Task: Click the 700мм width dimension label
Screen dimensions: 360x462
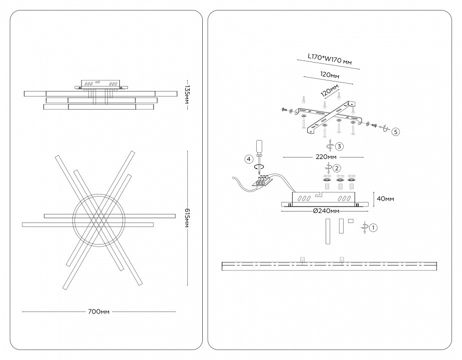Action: (98, 311)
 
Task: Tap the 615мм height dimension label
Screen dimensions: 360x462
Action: (186, 218)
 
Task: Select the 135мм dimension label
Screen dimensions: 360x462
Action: (186, 93)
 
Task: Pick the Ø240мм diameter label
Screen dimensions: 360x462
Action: (327, 211)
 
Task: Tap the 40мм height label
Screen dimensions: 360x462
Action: (385, 198)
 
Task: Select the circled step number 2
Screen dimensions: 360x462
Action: (337, 168)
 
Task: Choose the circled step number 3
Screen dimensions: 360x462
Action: (339, 146)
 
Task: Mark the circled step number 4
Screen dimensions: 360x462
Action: (249, 159)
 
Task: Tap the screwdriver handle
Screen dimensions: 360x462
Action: (259, 146)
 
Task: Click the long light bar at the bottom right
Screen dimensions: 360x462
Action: (327, 265)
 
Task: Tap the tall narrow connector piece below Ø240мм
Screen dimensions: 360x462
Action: (328, 231)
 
